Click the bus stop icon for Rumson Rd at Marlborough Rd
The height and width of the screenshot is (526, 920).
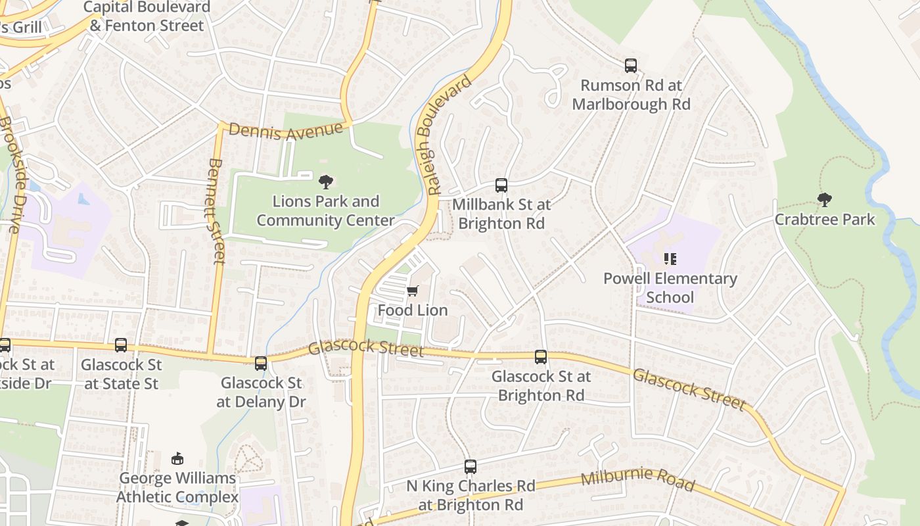631,65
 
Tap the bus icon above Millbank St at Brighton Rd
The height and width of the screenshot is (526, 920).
501,185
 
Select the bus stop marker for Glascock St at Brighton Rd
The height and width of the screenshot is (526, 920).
541,357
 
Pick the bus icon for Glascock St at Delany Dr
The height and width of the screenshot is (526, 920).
261,363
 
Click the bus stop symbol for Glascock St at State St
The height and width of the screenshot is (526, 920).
121,345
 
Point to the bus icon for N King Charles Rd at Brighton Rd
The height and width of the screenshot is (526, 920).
471,467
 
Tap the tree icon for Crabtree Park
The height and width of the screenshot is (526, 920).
824,199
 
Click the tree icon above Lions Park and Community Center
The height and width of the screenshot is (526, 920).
325,181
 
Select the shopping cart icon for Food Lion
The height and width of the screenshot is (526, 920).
413,291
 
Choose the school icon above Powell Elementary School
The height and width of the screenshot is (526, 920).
670,259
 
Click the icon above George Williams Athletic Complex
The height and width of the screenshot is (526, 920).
177,458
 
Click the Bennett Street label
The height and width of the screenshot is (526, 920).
216,210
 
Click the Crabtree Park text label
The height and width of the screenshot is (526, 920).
825,220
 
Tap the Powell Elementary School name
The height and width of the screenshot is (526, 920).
670,288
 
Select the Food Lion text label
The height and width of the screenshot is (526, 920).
413,310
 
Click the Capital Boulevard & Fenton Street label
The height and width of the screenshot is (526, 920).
147,16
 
